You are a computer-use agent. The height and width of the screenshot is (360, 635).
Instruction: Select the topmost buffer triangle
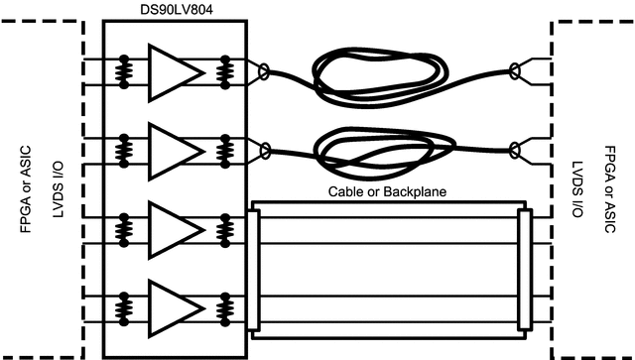(170, 70)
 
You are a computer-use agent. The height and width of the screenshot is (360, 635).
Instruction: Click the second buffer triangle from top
(170, 149)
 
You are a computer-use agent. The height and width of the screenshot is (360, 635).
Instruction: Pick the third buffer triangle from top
(170, 228)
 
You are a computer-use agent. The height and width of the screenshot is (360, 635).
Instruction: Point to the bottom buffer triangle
(170, 306)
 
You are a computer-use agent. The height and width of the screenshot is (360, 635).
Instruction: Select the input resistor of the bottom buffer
(125, 306)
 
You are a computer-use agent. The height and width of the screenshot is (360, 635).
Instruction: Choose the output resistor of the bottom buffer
(226, 306)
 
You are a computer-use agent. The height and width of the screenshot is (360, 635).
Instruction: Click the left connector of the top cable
(263, 71)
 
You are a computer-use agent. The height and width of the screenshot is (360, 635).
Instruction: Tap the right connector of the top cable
(514, 71)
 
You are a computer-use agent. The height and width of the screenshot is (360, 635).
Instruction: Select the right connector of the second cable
(514, 150)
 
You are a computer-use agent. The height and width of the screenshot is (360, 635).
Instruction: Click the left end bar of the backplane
(253, 268)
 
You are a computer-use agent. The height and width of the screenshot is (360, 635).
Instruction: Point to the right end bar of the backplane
(525, 268)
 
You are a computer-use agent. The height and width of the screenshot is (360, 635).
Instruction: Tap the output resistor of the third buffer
(226, 228)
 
